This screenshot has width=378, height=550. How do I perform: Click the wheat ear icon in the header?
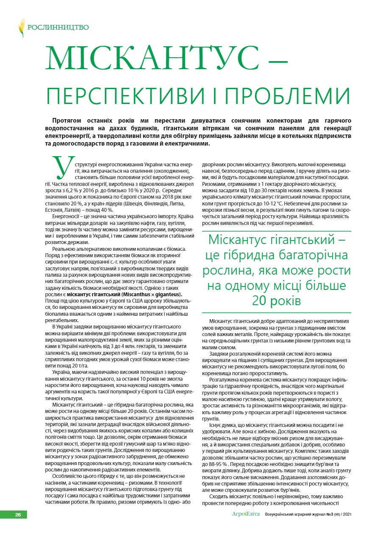point(22,28)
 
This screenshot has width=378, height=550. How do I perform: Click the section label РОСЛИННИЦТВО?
point(58,28)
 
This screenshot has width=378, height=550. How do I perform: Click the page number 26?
point(18,515)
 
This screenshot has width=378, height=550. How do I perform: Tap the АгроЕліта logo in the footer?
point(246,514)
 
